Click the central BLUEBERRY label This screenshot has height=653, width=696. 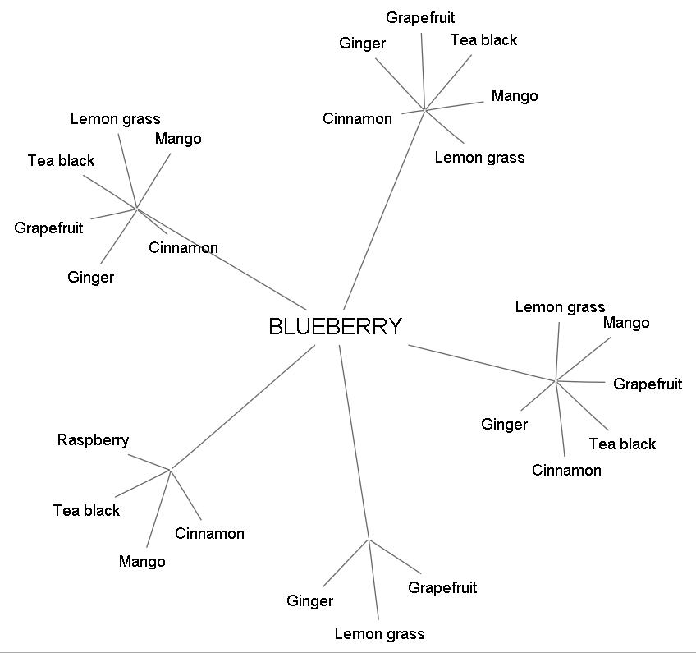335,327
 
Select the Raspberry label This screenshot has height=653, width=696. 93,440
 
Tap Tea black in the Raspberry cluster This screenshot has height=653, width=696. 86,511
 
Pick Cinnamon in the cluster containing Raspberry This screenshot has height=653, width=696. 209,534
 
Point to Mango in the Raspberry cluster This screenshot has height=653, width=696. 142,562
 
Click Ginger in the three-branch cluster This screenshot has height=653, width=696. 309,601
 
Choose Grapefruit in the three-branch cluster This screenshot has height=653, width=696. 442,588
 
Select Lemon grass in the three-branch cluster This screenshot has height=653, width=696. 379,634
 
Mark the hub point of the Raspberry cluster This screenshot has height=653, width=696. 170,470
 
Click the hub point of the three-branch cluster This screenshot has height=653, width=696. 369,540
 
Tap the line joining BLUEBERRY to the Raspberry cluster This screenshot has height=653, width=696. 242,407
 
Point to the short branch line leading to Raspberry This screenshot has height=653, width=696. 149,462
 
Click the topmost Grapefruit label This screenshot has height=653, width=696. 420,18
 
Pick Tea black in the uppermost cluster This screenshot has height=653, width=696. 483,40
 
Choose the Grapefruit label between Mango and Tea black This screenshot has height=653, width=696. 648,384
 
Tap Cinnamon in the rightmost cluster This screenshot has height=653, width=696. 566,471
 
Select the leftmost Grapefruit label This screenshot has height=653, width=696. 48,228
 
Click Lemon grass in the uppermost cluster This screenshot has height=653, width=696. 479,158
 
